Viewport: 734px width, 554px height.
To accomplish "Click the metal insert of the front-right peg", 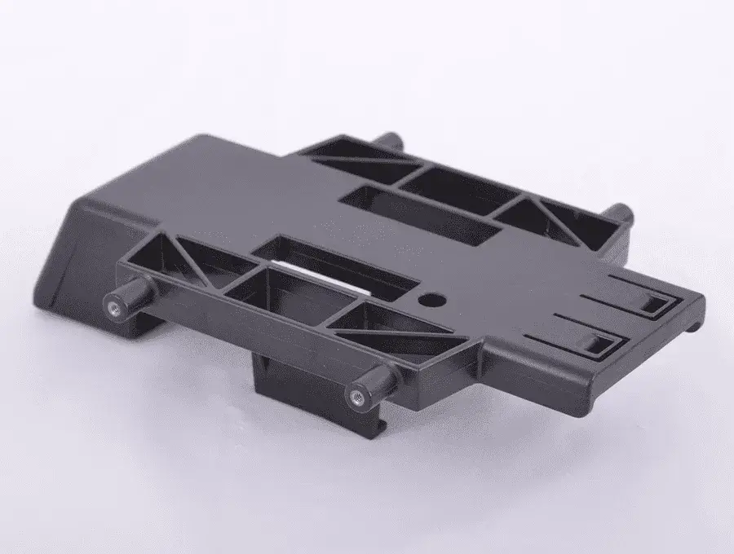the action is click(x=356, y=397).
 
